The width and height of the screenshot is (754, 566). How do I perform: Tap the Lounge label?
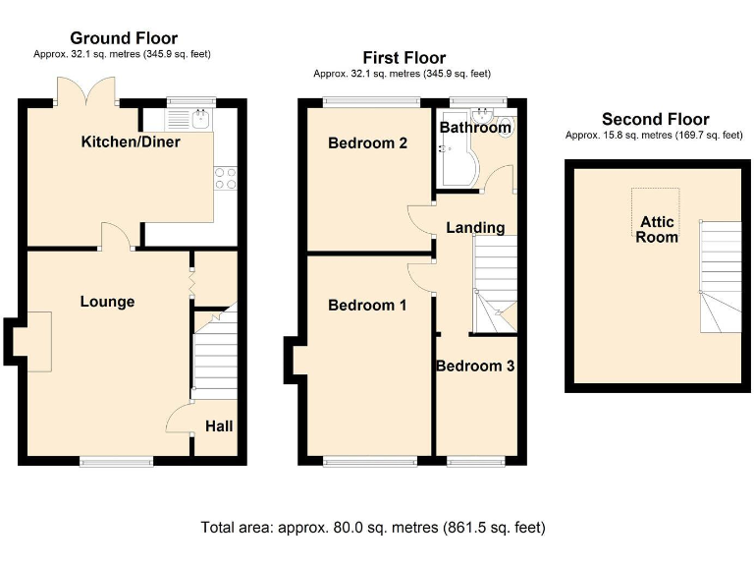(x=107, y=302)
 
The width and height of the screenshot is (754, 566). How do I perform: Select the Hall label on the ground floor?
(x=218, y=426)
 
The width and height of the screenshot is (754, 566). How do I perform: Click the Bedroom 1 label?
(x=367, y=306)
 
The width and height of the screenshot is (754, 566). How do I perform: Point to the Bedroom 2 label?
(x=367, y=143)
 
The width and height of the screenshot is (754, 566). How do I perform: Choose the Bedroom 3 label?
(x=475, y=367)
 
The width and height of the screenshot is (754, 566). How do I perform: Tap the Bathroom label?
(x=475, y=128)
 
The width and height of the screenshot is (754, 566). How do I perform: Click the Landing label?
(x=475, y=228)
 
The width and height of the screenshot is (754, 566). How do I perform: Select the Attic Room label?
(x=657, y=230)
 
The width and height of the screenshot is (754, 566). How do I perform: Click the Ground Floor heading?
(x=123, y=38)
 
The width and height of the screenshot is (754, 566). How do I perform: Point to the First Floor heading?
(x=404, y=58)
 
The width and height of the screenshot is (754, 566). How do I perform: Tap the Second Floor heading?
(x=655, y=120)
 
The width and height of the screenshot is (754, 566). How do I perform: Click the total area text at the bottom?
(x=373, y=528)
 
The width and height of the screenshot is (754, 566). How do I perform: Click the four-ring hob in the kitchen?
(x=225, y=178)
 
